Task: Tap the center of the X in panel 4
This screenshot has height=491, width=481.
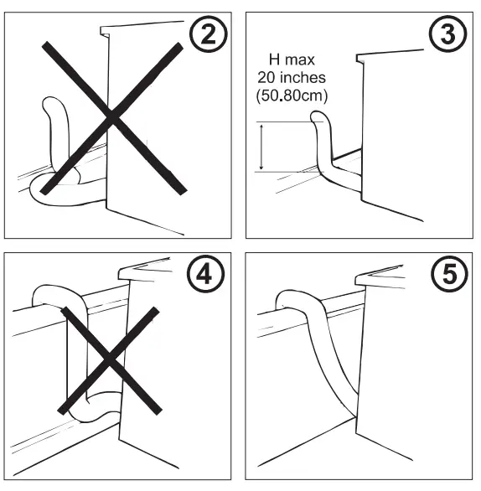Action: click(x=109, y=360)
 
